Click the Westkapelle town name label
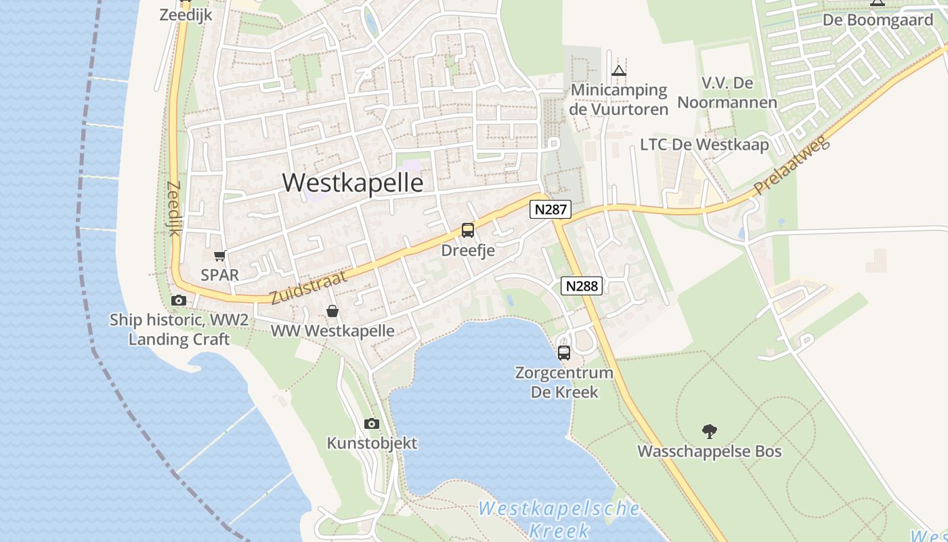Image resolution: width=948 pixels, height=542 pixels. [353, 183]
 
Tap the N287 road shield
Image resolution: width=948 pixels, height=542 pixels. [550, 209]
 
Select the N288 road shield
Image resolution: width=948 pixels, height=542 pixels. [582, 286]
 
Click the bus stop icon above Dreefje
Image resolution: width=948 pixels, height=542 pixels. [468, 230]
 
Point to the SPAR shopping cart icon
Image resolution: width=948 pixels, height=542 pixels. [219, 255]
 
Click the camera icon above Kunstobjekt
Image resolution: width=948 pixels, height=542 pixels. [371, 424]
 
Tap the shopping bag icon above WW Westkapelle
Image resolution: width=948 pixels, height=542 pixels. [332, 311]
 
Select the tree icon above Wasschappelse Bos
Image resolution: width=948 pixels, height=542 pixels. [710, 431]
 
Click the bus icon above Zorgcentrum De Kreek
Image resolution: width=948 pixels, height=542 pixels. [564, 352]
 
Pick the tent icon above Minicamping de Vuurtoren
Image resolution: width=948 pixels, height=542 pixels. [619, 70]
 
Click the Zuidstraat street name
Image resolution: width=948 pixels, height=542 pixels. [309, 287]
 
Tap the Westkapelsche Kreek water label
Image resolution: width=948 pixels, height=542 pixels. [559, 519]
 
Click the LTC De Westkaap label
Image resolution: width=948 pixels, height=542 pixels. [704, 145]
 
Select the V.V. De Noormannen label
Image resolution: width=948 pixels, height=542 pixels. [727, 93]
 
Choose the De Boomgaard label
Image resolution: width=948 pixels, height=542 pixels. [868, 20]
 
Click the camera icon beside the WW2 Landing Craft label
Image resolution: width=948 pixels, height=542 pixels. [179, 300]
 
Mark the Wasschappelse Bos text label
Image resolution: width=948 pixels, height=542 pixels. [710, 451]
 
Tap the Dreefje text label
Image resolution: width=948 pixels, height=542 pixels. [468, 251]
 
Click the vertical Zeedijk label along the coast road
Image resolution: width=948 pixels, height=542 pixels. [174, 209]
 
